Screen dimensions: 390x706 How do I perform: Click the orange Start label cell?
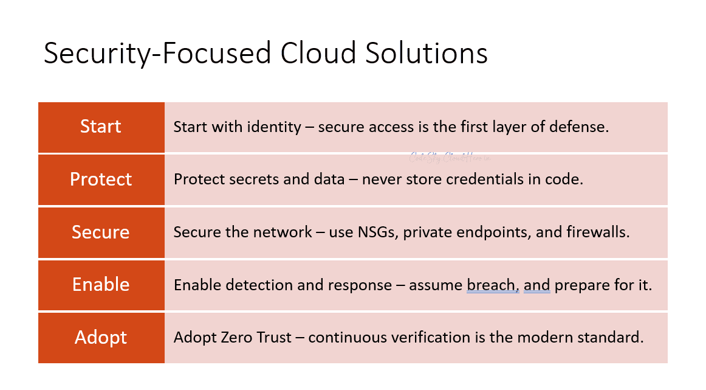[x=101, y=127]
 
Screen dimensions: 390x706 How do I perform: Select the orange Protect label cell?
[x=101, y=179]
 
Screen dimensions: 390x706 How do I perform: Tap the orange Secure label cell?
[x=101, y=232]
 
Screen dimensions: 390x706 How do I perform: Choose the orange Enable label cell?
[x=101, y=285]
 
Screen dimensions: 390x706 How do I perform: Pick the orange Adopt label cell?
[x=101, y=338]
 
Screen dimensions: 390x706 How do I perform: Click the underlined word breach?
[x=492, y=285]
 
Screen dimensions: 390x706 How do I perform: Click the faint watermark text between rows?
[x=450, y=158]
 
